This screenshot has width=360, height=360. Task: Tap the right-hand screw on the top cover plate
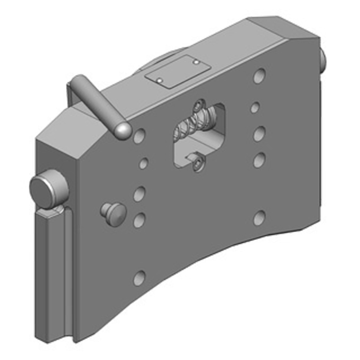pyautogui.click(x=197, y=61)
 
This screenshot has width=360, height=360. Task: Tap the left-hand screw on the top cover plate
pyautogui.click(x=159, y=80)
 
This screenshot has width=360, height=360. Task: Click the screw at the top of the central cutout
pyautogui.click(x=199, y=107)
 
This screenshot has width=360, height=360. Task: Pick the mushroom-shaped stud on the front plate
pyautogui.click(x=112, y=212)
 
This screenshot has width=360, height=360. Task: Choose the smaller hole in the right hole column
pyautogui.click(x=255, y=108)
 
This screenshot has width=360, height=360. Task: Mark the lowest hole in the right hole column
pyautogui.click(x=259, y=218)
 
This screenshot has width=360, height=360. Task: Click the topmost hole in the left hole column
pyautogui.click(x=139, y=135)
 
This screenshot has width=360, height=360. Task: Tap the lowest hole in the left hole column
pyautogui.click(x=139, y=277)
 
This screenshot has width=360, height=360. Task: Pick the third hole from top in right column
pyautogui.click(x=259, y=134)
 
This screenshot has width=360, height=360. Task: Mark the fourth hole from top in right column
pyautogui.click(x=259, y=160)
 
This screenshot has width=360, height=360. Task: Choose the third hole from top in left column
pyautogui.click(x=140, y=194)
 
